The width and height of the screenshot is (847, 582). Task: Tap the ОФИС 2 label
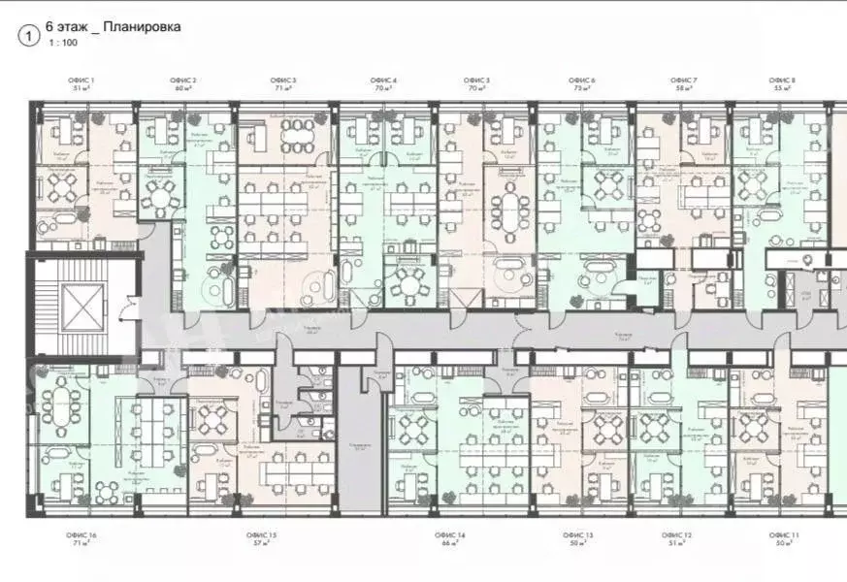click(183, 80)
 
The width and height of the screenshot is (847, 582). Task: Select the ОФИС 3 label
click(282, 80)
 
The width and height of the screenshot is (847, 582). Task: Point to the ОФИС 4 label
click(383, 80)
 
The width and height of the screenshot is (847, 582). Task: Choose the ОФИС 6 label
click(581, 80)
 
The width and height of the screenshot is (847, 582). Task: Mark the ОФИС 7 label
click(683, 80)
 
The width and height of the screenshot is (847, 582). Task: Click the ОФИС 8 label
click(782, 80)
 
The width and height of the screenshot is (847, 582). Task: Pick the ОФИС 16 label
click(81, 535)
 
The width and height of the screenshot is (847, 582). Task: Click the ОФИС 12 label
click(677, 535)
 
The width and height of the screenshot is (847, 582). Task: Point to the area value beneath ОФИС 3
click(282, 88)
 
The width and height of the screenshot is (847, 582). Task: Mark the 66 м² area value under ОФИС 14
click(450, 544)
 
